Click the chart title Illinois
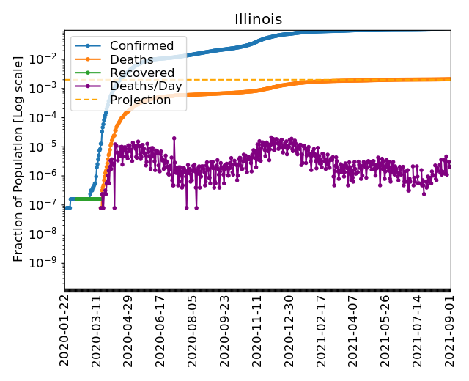click(x=258, y=20)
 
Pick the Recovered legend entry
click(x=141, y=73)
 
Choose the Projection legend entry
click(x=139, y=100)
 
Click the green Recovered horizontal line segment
click(x=84, y=199)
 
